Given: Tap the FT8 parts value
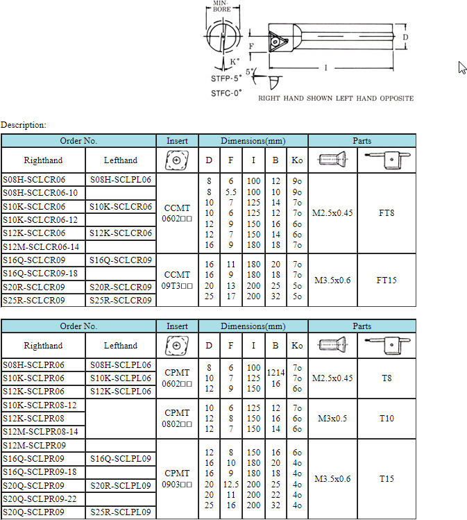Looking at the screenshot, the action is [x=387, y=213].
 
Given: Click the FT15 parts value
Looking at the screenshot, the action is [x=387, y=280].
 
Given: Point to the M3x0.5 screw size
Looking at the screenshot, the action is [x=332, y=419].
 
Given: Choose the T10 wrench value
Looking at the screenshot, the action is [x=387, y=419].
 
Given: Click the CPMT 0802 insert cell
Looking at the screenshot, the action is [x=177, y=419].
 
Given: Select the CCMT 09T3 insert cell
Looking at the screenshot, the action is [x=177, y=280].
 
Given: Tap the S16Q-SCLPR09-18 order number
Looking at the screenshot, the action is [x=40, y=472].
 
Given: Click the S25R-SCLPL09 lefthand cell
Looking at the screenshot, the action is [x=121, y=512].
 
